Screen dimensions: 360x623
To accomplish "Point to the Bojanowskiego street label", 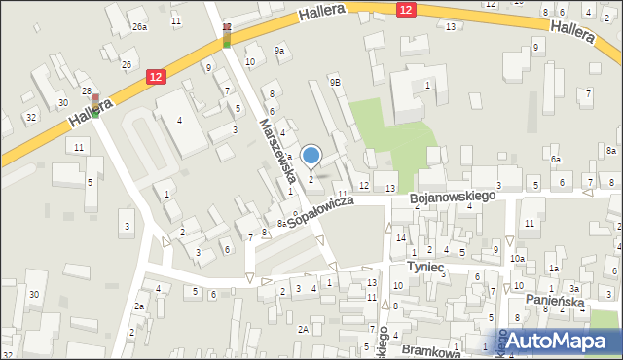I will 453,197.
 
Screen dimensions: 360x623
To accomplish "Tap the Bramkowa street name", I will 429,347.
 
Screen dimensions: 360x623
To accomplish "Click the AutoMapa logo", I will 561,341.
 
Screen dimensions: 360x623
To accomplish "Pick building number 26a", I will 140,27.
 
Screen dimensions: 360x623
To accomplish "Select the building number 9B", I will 335,83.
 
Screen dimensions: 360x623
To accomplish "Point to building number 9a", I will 281,50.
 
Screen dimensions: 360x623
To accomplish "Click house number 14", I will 400,237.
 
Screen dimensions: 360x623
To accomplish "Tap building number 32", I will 31,117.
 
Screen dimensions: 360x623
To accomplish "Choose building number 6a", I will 556,159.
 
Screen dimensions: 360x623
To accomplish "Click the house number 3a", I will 574,289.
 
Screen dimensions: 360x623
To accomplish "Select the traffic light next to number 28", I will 95,104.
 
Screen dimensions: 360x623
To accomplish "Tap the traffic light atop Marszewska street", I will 226,36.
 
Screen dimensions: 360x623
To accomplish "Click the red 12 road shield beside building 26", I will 156,75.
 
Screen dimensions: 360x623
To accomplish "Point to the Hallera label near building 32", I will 87,115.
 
